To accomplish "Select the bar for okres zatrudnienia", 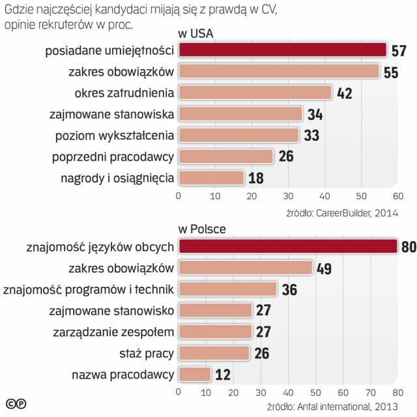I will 255,93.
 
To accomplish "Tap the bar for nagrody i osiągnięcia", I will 210,177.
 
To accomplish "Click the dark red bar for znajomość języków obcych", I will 287,246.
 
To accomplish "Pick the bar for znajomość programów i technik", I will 227,289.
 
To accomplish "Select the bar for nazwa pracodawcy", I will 194,374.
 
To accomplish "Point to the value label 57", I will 399,51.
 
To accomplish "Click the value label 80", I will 408,247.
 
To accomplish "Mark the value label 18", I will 256,178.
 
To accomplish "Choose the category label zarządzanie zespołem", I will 113,332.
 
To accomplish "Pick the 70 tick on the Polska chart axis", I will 370,392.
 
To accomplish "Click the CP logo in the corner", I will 16,404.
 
